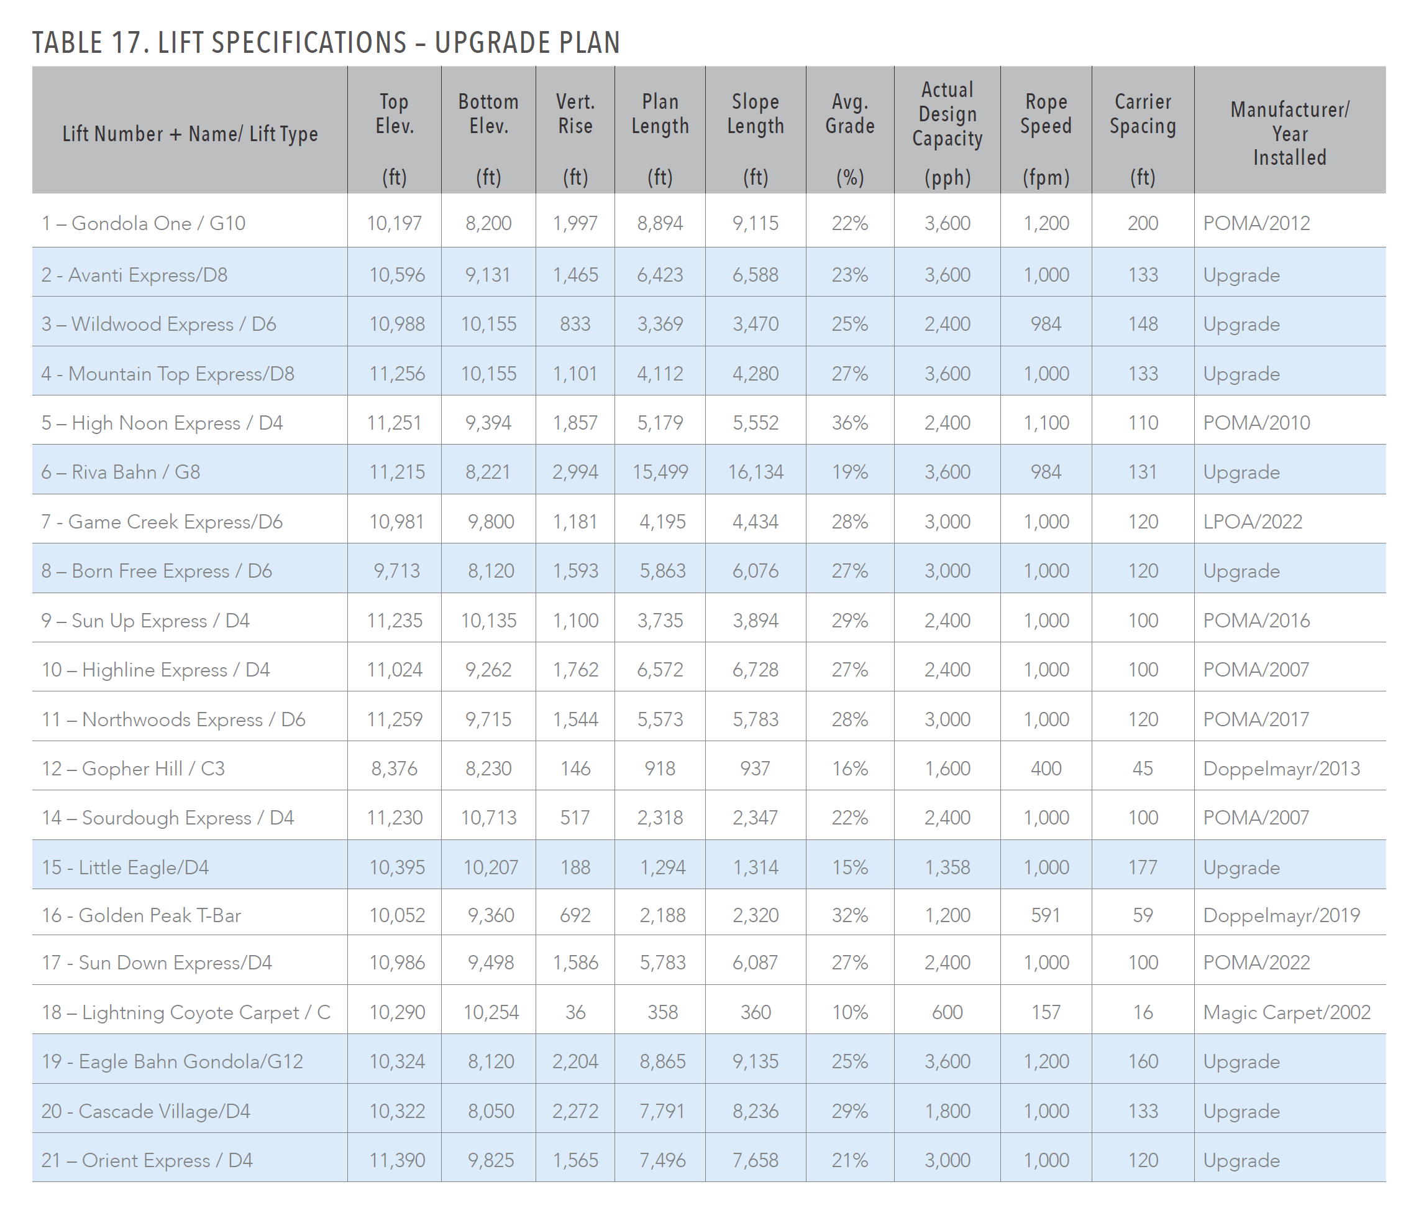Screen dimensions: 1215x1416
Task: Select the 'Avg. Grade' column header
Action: tap(849, 114)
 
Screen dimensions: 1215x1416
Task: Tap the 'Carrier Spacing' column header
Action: tap(1143, 114)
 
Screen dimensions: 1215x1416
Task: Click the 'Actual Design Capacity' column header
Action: tap(947, 114)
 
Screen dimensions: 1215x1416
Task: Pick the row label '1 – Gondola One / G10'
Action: tap(144, 224)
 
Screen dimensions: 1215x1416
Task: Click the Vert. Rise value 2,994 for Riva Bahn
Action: tap(575, 473)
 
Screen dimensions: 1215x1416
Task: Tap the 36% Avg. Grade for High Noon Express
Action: tap(849, 423)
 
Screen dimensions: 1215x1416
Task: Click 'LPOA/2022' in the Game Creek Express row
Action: tap(1253, 522)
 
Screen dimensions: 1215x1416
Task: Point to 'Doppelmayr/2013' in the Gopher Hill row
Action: tap(1281, 769)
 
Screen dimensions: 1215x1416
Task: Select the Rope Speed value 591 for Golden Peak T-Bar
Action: tap(1046, 915)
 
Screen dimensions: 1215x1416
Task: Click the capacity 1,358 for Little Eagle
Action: tap(947, 867)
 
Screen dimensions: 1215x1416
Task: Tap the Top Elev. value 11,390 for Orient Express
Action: tap(397, 1160)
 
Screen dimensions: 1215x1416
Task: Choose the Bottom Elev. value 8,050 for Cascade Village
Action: tap(491, 1111)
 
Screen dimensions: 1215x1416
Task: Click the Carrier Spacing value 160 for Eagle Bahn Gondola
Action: tap(1143, 1062)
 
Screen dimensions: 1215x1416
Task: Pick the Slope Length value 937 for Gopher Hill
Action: tap(755, 769)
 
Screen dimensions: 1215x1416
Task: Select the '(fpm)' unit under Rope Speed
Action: tap(1046, 178)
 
